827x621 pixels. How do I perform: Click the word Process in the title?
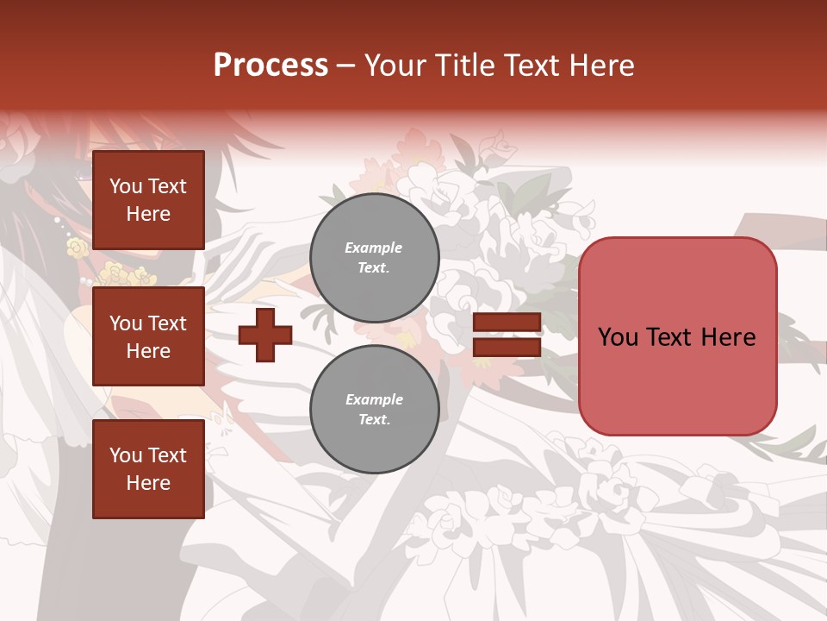click(x=270, y=66)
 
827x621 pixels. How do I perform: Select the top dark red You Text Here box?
click(x=148, y=200)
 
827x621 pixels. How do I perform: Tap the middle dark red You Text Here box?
click(x=148, y=336)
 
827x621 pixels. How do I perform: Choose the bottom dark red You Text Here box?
click(x=148, y=469)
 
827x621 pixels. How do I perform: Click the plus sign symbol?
click(x=265, y=335)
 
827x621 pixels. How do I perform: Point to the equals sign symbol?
click(x=507, y=335)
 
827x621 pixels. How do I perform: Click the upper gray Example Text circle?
click(x=374, y=257)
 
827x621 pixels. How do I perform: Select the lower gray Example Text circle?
click(x=374, y=409)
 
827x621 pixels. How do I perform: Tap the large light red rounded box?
click(x=677, y=336)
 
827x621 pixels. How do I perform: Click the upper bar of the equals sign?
click(x=507, y=323)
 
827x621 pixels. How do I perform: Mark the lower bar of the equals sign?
click(x=507, y=348)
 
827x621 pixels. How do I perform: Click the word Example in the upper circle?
click(x=374, y=248)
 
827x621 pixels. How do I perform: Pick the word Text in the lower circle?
click(x=374, y=419)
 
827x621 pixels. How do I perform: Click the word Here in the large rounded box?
click(x=728, y=337)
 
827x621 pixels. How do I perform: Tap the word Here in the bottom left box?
click(x=148, y=483)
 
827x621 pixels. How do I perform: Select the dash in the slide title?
click(x=346, y=66)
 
